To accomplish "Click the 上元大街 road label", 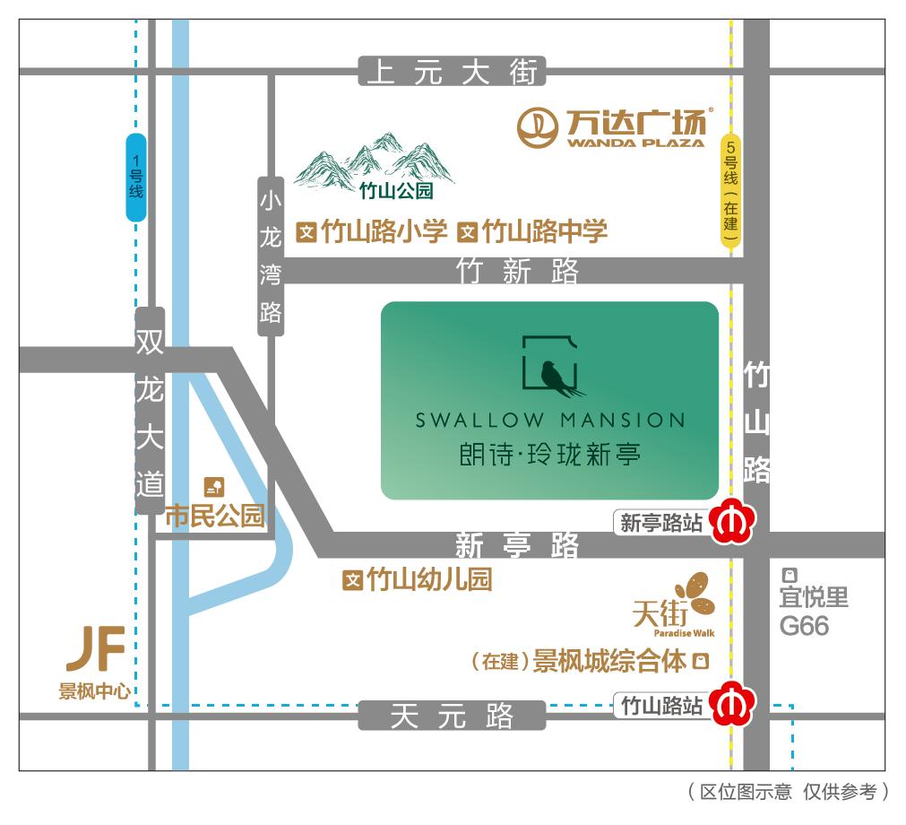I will pos(452,71).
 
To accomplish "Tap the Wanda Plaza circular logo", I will pos(538,126).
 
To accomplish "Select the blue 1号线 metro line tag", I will pos(136,178).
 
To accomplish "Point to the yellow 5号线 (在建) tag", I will pos(732,192).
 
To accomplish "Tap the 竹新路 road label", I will pos(517,271).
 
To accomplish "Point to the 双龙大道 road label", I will pos(149,412).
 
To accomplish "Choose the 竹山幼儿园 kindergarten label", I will pos(428,580).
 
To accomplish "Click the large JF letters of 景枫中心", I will pos(95,650).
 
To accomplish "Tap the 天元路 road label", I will pos(452,716).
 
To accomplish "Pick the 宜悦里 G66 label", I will pos(812,610).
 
